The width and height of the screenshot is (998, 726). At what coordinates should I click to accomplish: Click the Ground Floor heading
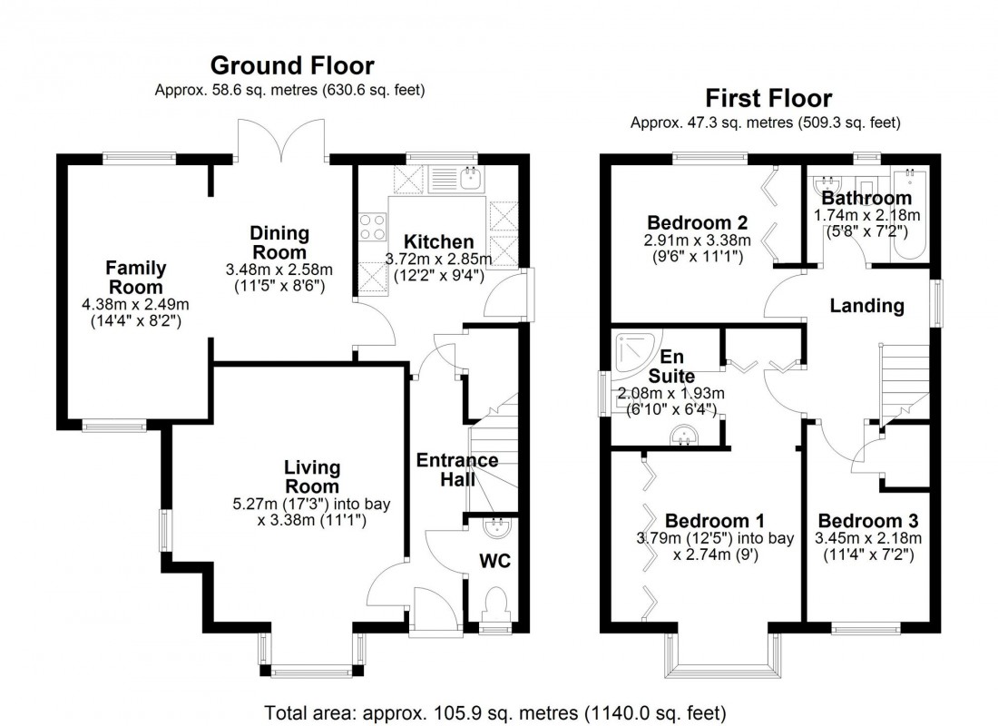click(291, 65)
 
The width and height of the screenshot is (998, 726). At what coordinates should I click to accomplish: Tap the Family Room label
click(135, 277)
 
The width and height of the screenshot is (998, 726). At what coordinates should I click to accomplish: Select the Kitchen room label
click(438, 241)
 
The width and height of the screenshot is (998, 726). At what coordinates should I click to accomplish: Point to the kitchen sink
click(469, 179)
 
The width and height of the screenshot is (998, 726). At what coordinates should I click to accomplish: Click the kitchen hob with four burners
click(372, 227)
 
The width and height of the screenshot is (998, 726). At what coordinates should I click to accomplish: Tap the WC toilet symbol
click(495, 603)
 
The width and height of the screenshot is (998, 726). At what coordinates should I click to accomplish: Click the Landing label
click(867, 306)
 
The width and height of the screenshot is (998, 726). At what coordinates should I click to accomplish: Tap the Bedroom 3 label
click(867, 521)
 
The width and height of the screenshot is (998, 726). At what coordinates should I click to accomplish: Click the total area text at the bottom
click(495, 711)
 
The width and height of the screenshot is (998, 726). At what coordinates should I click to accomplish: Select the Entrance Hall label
click(457, 469)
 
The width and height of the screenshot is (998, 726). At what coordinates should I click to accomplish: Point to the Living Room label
click(312, 477)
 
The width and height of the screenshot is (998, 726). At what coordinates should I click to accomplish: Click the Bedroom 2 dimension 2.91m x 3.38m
click(698, 240)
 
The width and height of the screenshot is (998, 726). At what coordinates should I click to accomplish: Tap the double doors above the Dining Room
click(282, 141)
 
